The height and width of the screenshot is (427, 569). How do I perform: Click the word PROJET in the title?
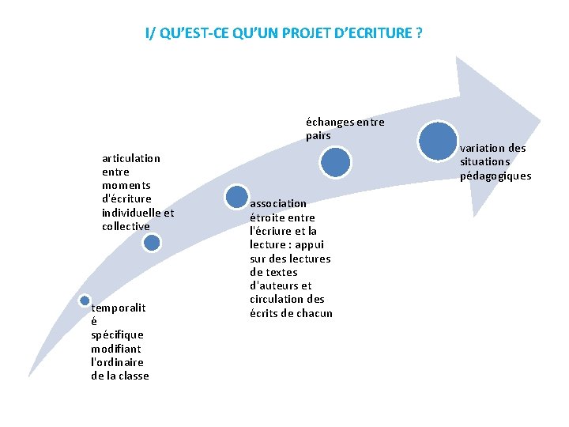[302, 33]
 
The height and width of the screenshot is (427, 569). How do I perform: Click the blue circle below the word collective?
[153, 243]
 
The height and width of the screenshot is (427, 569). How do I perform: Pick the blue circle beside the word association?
[235, 195]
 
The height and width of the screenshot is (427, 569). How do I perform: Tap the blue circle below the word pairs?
[336, 162]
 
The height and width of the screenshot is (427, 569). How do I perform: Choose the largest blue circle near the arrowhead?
[438, 141]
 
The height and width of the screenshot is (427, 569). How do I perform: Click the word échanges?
[330, 122]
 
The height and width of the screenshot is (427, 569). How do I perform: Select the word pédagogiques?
[496, 176]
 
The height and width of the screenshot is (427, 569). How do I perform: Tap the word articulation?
[130, 158]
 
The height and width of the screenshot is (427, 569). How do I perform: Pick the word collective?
[126, 226]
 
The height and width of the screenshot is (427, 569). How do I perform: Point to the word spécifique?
[117, 334]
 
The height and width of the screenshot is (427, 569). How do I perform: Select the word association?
[278, 203]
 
